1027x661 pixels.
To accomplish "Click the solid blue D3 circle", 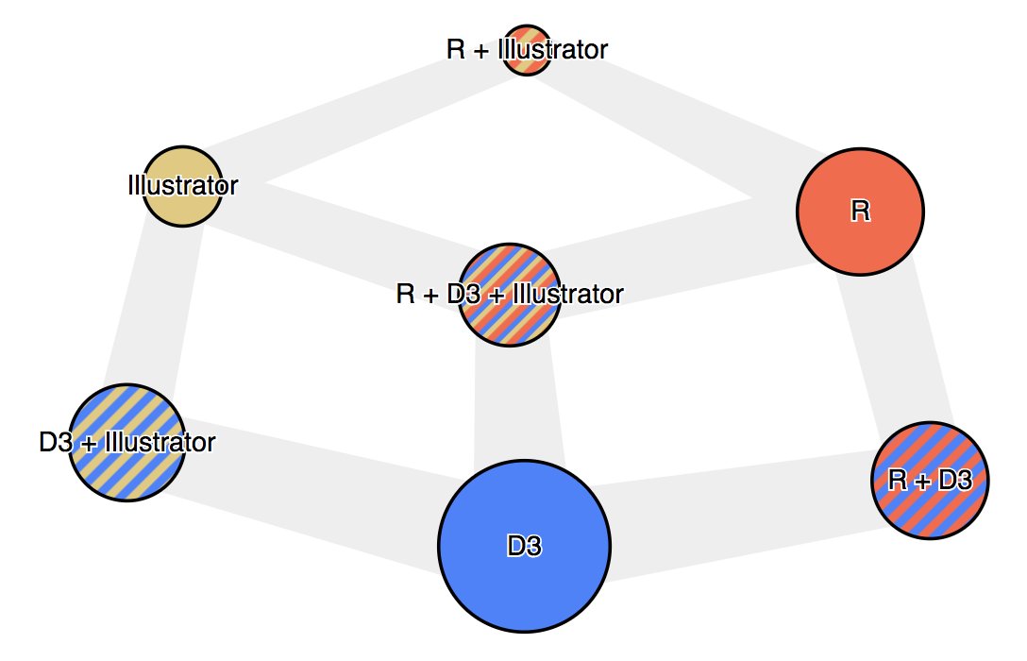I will (x=525, y=567).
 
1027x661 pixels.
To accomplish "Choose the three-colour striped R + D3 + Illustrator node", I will (x=510, y=326).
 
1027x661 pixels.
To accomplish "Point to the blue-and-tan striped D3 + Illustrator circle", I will (x=127, y=472).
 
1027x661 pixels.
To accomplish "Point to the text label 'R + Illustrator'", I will (x=527, y=49).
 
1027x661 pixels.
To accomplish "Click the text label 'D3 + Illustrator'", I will (x=127, y=442).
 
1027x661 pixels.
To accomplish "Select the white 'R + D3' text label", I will (x=930, y=481).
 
